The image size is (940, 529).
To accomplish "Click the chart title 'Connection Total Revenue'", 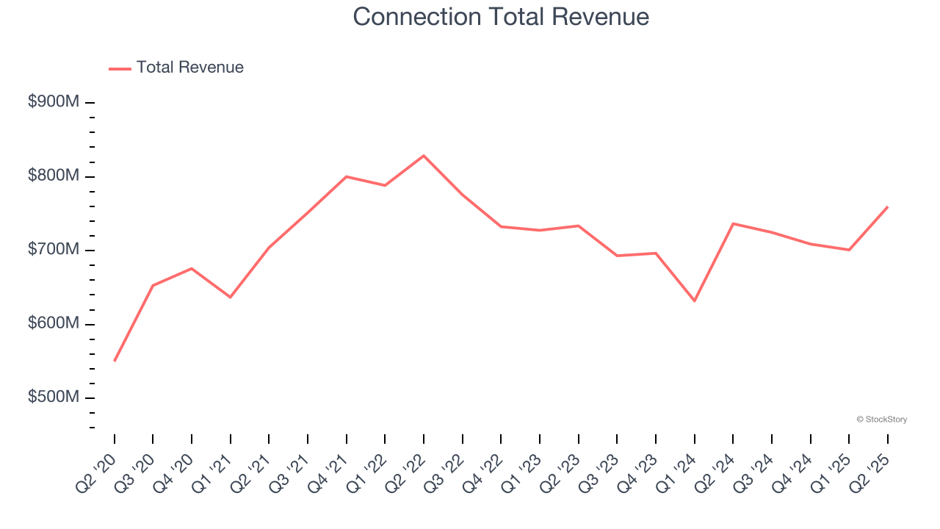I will pyautogui.click(x=501, y=17).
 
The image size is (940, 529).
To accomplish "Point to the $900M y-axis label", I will pyautogui.click(x=53, y=102).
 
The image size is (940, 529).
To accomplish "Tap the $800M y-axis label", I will pyautogui.click(x=53, y=176).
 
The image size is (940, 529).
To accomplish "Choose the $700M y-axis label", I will pyautogui.click(x=53, y=250).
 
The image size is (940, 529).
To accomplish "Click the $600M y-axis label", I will pyautogui.click(x=53, y=324).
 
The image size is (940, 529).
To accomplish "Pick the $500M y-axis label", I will pyautogui.click(x=53, y=397).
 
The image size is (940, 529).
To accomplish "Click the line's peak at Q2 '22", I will pyautogui.click(x=424, y=156).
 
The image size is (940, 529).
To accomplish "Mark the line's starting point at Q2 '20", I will pyautogui.click(x=115, y=361).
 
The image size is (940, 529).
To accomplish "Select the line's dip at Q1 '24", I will pyautogui.click(x=694, y=301).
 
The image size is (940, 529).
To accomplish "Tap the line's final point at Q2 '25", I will pyautogui.click(x=887, y=207).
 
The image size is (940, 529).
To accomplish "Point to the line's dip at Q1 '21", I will pyautogui.click(x=231, y=297).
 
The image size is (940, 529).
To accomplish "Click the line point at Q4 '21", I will pyautogui.click(x=347, y=176).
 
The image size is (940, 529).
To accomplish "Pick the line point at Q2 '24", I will pyautogui.click(x=733, y=223).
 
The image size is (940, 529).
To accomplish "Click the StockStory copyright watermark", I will pyautogui.click(x=881, y=420).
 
